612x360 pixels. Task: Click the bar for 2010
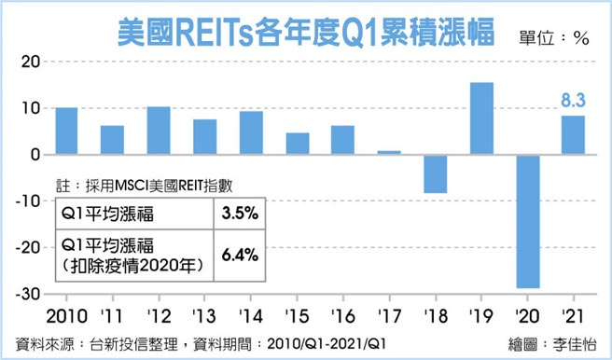pos(66,131)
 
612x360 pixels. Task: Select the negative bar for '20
pos(529,221)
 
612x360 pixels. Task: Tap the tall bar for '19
pos(482,118)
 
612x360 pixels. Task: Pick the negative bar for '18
pos(436,173)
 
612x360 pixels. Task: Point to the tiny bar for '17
pos(390,152)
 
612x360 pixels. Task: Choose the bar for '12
pos(159,131)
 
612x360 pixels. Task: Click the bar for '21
pos(575,135)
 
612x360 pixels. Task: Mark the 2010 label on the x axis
pos(66,313)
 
